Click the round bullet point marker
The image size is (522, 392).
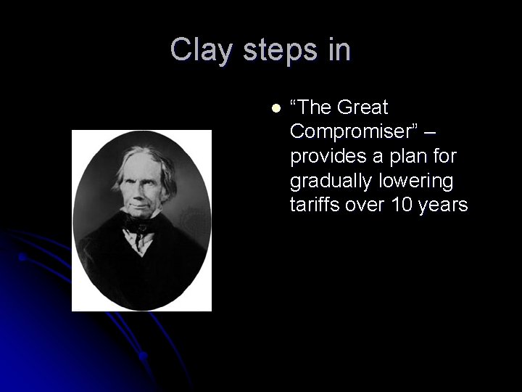[275, 108]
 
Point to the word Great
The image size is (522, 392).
[360, 108]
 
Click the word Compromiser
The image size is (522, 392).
[353, 132]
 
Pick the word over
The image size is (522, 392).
[365, 205]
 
